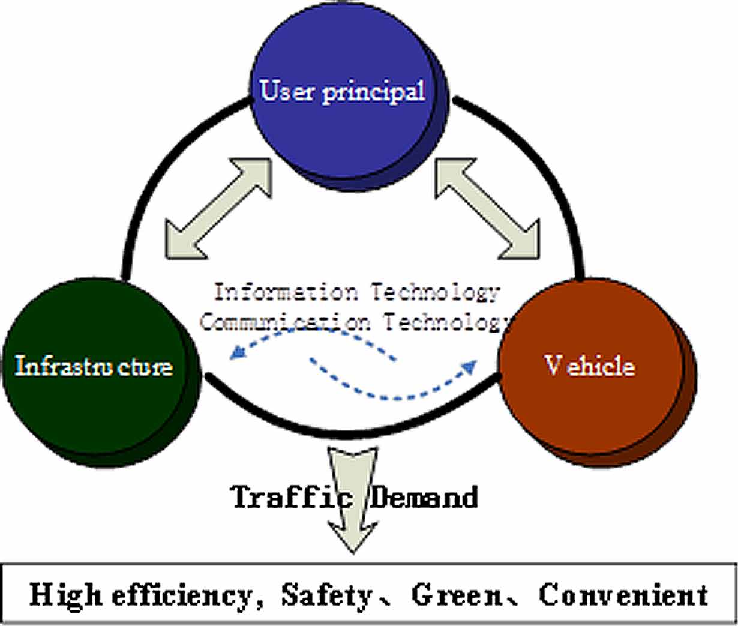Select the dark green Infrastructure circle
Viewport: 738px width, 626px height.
tap(96, 390)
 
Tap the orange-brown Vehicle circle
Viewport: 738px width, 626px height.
tap(591, 390)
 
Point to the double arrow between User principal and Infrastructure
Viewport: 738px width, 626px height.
tap(218, 208)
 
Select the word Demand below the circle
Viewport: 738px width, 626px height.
tap(424, 497)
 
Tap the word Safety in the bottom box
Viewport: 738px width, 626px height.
tap(327, 595)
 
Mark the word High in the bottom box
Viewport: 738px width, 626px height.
tap(65, 595)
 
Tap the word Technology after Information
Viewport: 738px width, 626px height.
tap(434, 292)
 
